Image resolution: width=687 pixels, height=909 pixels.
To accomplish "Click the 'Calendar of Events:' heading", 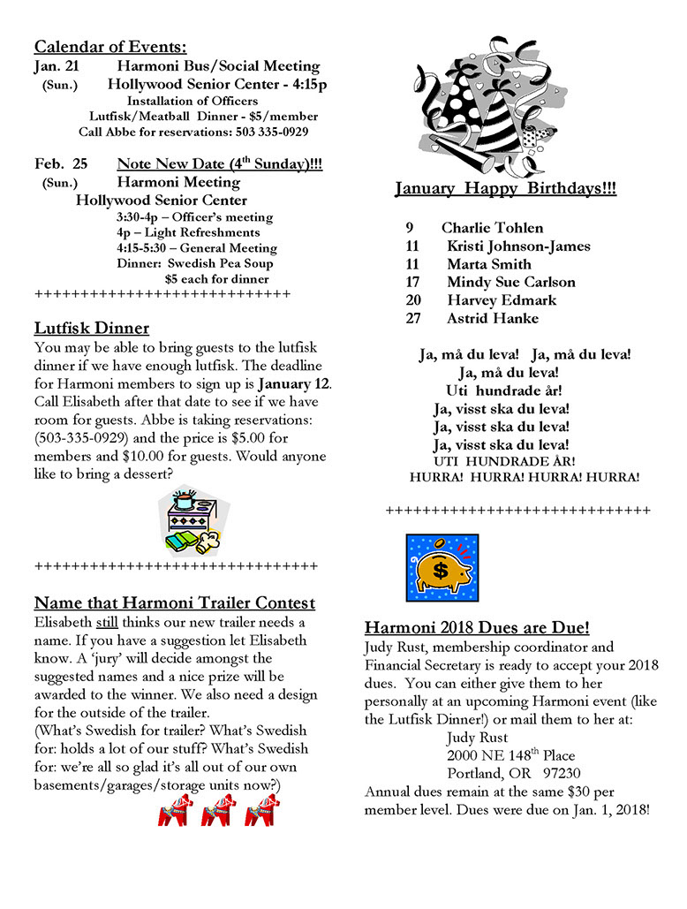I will pos(110,48).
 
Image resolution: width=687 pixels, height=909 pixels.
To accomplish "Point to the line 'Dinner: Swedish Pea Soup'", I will pos(194,263).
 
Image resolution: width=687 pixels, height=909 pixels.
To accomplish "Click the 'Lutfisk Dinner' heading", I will pos(91,329).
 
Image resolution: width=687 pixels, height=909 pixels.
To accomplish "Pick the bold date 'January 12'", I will pos(293,383).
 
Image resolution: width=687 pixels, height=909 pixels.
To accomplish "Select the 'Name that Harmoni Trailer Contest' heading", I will pos(174,603).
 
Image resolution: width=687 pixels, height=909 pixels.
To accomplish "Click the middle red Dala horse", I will pos(217,809).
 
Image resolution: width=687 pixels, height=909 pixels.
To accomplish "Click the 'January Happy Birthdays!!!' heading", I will pos(505,188).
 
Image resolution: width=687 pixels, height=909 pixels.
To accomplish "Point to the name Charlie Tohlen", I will pos(493,228).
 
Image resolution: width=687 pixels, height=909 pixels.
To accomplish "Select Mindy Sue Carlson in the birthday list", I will pos(510,283).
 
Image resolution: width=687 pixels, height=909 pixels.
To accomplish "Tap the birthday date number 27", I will pos(413,319).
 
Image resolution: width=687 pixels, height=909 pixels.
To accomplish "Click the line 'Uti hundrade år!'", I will pos(504,390).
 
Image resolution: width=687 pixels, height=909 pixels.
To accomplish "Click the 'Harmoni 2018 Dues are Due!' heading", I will pos(477,629).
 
